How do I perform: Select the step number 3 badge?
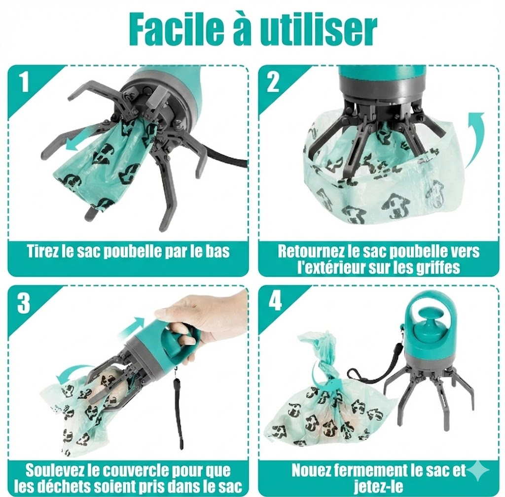pos(23,304)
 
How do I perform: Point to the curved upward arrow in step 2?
pos(474,138)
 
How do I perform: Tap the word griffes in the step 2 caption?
pos(438,268)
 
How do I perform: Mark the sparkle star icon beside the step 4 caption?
pos(478,471)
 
